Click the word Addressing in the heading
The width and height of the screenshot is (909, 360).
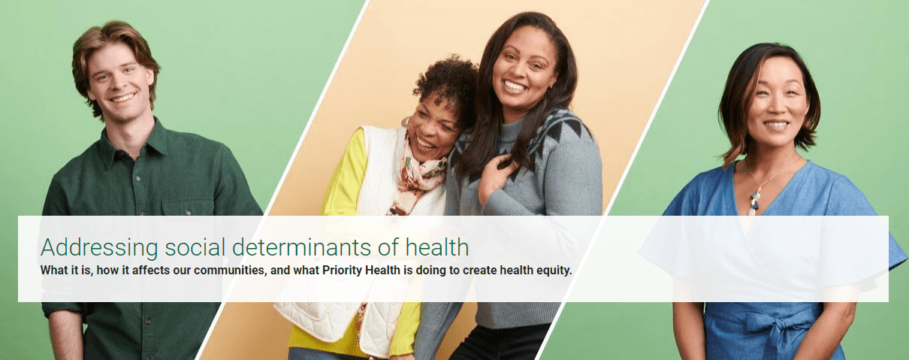[99, 247]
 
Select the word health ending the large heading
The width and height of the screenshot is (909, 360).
[437, 247]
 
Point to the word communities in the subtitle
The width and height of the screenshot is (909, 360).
[229, 271]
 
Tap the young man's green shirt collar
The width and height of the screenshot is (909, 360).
[133, 143]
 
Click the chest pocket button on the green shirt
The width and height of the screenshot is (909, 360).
[188, 212]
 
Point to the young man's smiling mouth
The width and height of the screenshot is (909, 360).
[122, 98]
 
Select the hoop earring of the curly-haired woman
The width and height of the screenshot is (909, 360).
[406, 123]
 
